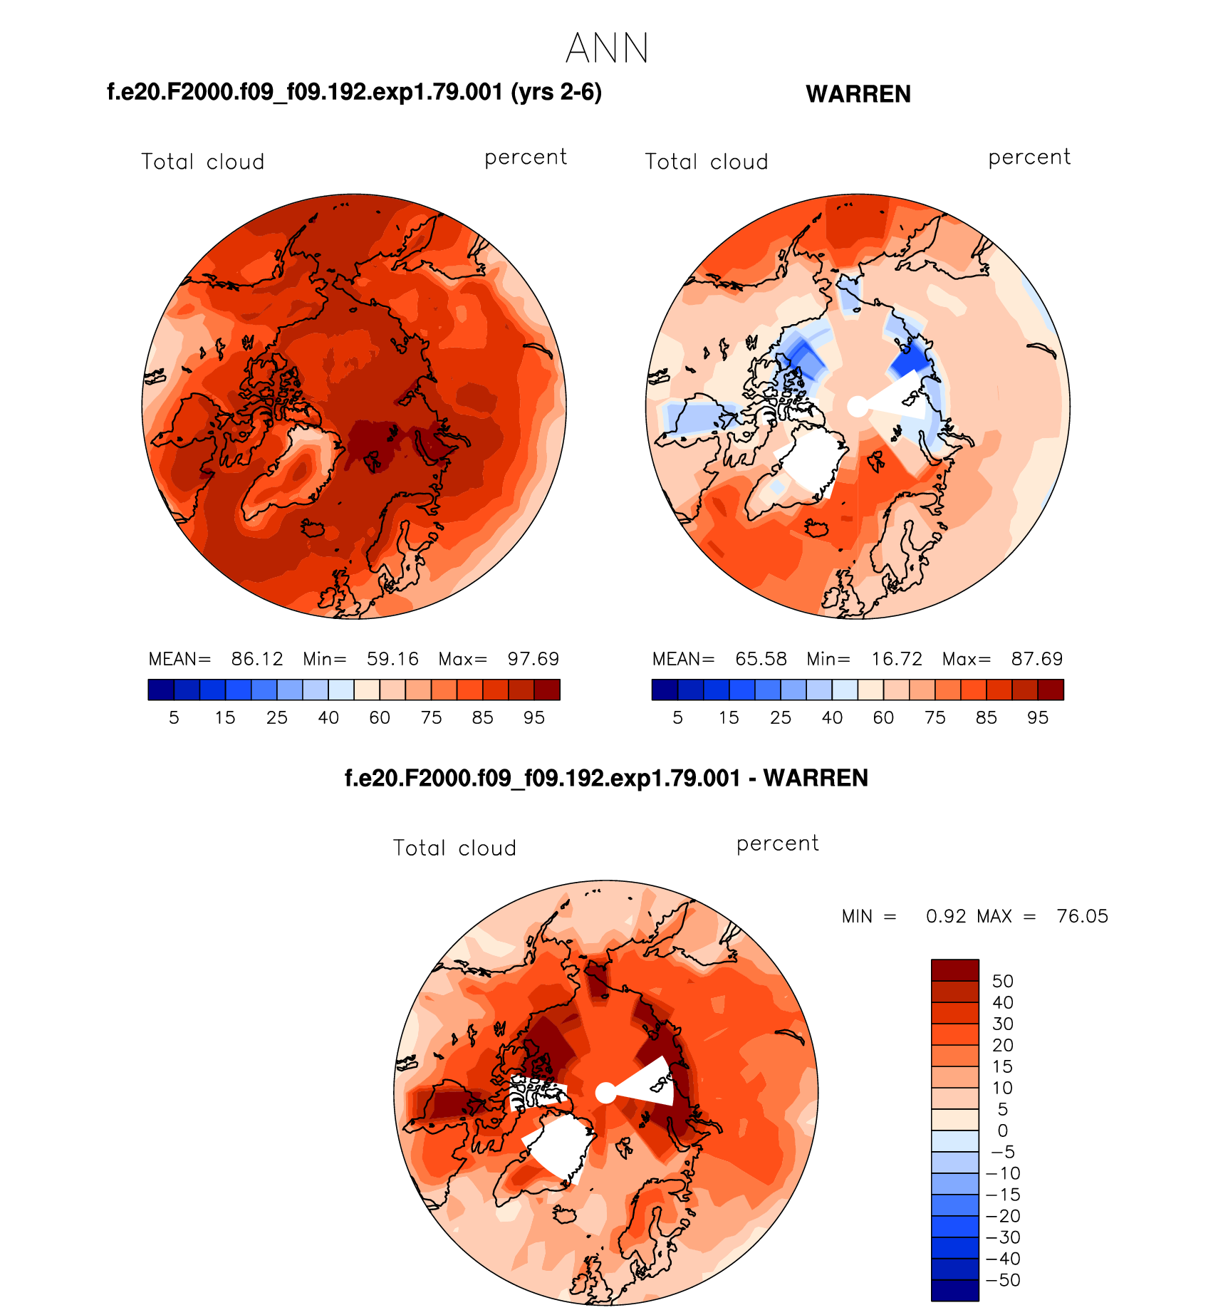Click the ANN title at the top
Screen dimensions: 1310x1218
coord(608,48)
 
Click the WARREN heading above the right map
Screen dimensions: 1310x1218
coord(858,94)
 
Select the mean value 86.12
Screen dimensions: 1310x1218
coord(257,659)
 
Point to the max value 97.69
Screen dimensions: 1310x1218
coord(533,659)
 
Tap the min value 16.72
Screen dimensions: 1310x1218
coord(897,659)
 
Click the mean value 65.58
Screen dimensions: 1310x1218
coord(761,659)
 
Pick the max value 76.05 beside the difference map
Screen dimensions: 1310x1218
coord(1083,916)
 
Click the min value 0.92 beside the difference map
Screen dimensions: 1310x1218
coord(946,916)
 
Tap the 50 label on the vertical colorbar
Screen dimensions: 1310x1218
coord(1003,981)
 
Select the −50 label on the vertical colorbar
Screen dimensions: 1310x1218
coord(1003,1280)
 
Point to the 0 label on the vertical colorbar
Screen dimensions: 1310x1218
coord(1003,1130)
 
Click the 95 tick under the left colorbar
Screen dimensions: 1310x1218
coord(534,718)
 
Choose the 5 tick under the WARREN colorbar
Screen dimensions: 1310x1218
coord(677,718)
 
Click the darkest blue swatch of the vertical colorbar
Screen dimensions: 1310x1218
coord(954,1290)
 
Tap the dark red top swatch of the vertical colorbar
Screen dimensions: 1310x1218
coord(954,970)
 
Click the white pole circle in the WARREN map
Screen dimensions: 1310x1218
coord(858,407)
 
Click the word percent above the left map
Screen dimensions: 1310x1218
coord(526,157)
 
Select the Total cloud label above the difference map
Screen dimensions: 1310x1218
coord(454,848)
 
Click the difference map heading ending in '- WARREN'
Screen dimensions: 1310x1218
coord(606,778)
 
